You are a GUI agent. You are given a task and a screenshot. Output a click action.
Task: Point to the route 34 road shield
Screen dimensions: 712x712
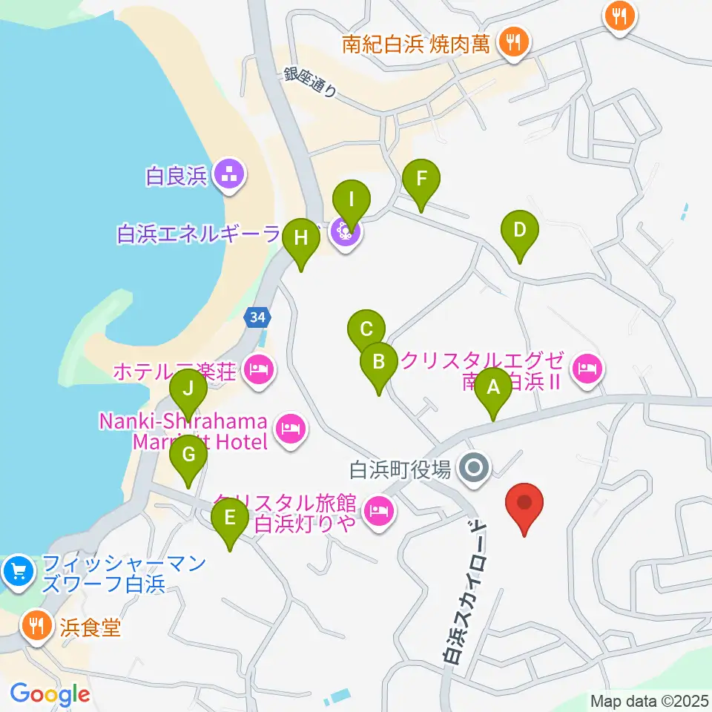click(257, 317)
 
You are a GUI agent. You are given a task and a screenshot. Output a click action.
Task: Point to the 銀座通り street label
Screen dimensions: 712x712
click(310, 82)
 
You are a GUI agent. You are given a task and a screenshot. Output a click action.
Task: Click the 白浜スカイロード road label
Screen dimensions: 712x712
click(465, 590)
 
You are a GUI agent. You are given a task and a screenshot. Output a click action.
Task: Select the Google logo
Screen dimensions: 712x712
click(50, 694)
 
